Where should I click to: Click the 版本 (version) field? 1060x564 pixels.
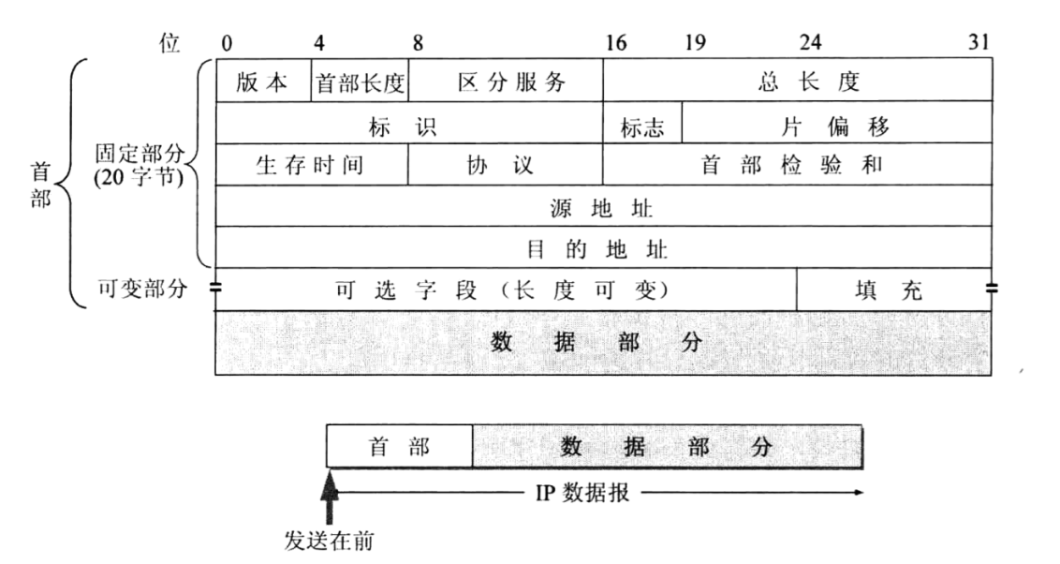click(x=263, y=82)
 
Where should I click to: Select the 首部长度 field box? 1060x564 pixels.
click(x=360, y=82)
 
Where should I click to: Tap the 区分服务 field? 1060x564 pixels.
click(x=506, y=82)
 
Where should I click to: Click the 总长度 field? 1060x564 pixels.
click(x=797, y=82)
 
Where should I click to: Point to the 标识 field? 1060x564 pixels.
click(x=409, y=124)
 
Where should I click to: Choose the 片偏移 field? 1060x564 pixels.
click(x=836, y=124)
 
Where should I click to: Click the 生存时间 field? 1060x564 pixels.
click(x=312, y=165)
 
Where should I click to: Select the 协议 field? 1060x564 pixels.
click(x=506, y=165)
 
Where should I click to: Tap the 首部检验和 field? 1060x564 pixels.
click(x=797, y=165)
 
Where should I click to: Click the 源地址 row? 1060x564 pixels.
click(x=603, y=206)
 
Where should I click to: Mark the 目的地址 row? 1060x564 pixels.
click(x=603, y=248)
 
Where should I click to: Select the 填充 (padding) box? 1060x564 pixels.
click(x=894, y=290)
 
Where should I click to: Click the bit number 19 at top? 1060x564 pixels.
click(x=695, y=43)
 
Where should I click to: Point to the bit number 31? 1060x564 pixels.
click(x=979, y=43)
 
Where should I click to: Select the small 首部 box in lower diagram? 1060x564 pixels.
click(x=400, y=448)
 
